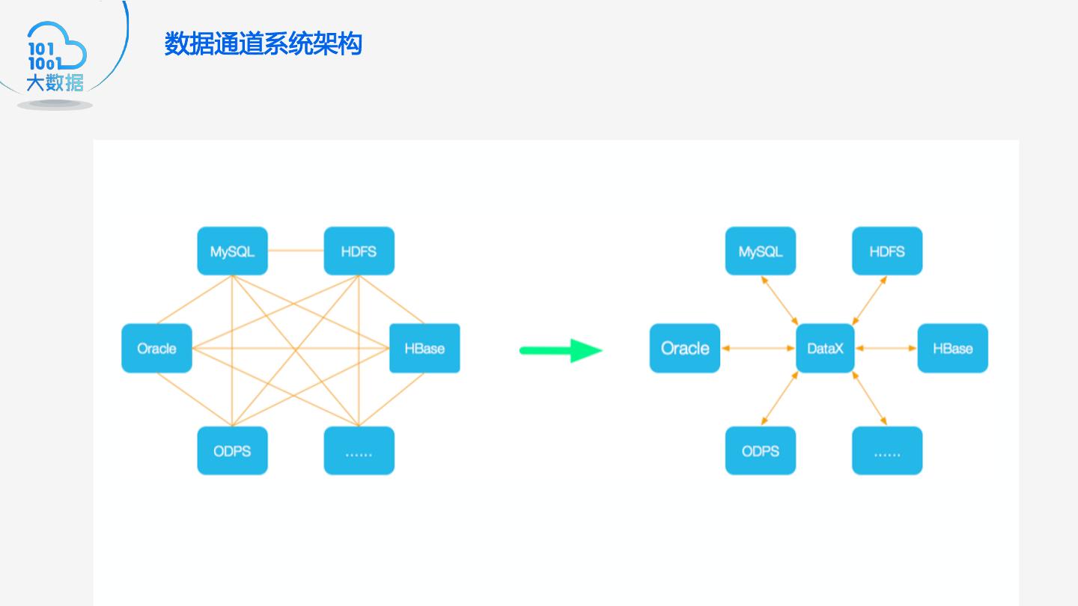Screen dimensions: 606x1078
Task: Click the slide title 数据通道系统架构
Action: point(264,44)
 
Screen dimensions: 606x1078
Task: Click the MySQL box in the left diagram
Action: point(232,251)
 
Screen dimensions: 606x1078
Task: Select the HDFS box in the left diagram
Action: point(359,251)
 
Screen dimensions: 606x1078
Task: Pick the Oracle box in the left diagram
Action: point(156,348)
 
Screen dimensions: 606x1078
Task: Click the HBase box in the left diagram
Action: point(424,348)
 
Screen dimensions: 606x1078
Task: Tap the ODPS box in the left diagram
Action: point(232,450)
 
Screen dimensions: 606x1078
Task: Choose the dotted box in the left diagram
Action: point(359,450)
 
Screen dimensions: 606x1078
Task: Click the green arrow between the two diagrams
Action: point(561,350)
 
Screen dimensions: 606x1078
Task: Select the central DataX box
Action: point(825,348)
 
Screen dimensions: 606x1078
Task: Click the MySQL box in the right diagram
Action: point(760,251)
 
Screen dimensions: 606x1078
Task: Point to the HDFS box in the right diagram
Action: point(887,251)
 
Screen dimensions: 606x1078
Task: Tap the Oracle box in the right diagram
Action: point(684,348)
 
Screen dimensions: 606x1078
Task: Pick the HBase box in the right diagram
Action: point(952,348)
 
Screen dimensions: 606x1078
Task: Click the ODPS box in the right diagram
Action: point(760,450)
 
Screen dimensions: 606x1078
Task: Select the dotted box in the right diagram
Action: point(887,450)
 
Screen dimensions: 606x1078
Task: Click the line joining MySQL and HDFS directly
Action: point(296,251)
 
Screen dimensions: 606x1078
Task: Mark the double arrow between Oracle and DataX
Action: point(758,348)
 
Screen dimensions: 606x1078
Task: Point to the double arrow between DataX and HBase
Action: point(886,348)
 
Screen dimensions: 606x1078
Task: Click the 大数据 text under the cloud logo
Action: point(55,83)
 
